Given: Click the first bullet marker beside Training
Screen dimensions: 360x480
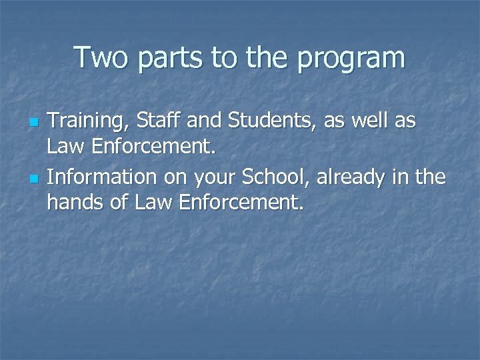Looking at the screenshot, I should tap(35, 123).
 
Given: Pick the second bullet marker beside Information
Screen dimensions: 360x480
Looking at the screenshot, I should tap(35, 179).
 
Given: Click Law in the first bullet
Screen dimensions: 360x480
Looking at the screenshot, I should tap(64, 145).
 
